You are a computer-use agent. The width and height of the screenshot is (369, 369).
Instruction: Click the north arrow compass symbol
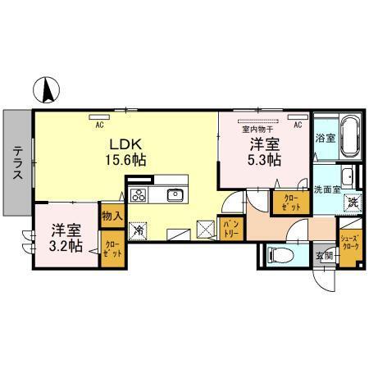pyautogui.click(x=48, y=87)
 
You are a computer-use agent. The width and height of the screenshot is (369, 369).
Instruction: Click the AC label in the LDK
pyautogui.click(x=99, y=125)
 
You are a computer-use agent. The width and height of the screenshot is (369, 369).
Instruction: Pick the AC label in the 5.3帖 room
pyautogui.click(x=297, y=125)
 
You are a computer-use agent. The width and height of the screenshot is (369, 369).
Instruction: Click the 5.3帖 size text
pyautogui.click(x=266, y=159)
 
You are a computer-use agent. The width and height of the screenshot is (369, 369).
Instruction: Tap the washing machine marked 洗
pyautogui.click(x=352, y=203)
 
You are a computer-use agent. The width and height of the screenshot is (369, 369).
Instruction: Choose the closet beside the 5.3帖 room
pyautogui.click(x=291, y=202)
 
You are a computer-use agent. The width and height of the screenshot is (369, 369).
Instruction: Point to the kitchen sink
pyautogui.click(x=175, y=195)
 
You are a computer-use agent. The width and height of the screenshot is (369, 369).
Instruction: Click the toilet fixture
pyautogui.click(x=278, y=254)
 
